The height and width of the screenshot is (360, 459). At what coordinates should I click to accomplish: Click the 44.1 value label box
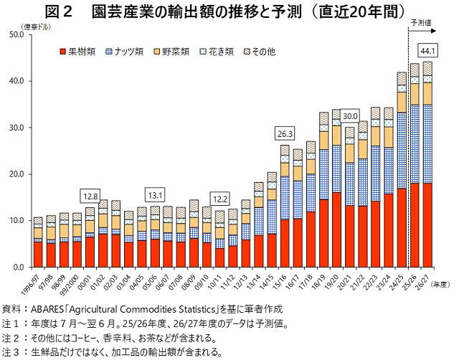(x=428, y=51)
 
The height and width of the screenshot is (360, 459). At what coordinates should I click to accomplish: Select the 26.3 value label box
(x=285, y=133)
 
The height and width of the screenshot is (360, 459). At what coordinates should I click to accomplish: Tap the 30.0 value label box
(x=350, y=116)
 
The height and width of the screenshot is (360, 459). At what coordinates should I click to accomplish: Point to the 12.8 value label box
(x=90, y=195)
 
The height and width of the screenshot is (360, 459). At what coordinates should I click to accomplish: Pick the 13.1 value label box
(x=155, y=194)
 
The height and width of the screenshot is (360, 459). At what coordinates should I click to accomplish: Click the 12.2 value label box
(x=219, y=198)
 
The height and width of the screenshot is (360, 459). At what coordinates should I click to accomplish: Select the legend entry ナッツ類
(x=125, y=52)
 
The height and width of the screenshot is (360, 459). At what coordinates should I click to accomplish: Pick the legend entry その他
(x=259, y=52)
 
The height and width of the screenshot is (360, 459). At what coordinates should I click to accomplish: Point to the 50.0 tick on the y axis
(x=16, y=34)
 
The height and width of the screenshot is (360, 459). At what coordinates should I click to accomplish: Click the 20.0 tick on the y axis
(x=16, y=174)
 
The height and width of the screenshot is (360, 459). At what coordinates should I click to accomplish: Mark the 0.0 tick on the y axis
(x=19, y=267)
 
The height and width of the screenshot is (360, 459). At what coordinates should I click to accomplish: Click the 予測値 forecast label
(x=422, y=23)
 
